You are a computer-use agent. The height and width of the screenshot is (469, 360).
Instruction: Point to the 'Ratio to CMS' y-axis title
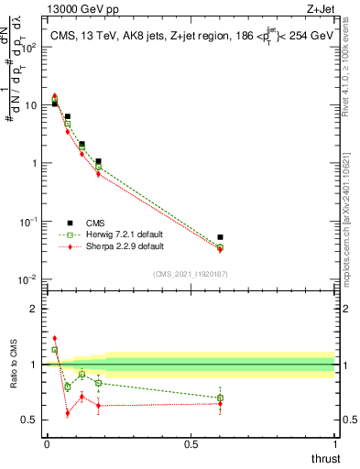14,365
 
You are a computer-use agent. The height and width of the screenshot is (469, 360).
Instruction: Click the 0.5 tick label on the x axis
190,444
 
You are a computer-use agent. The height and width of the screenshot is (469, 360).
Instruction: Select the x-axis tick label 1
334,444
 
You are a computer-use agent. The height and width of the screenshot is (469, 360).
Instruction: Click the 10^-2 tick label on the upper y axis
28,279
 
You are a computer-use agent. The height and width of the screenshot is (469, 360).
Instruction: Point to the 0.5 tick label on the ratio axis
32,420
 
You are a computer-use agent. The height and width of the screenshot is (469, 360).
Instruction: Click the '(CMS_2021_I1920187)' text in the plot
190,274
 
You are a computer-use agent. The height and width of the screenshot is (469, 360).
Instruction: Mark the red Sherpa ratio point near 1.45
54,338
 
